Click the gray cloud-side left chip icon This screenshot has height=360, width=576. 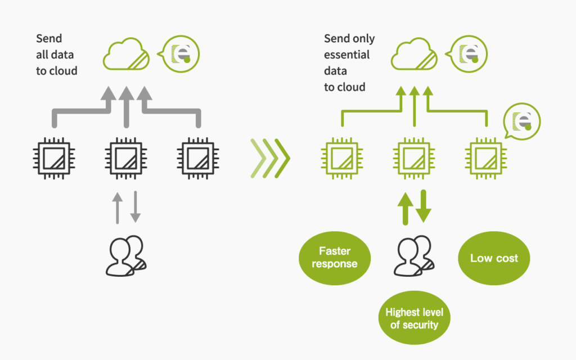(x=54, y=158)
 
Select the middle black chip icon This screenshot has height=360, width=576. (x=126, y=158)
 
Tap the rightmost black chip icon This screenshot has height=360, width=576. (x=198, y=158)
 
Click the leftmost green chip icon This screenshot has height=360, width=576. (x=342, y=158)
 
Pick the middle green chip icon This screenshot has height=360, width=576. (x=414, y=158)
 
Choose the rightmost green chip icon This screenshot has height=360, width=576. (x=486, y=158)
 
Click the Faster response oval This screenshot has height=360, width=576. (x=335, y=258)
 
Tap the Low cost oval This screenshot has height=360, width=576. (x=494, y=258)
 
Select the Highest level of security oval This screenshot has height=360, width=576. (x=415, y=318)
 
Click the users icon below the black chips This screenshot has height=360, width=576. (x=126, y=256)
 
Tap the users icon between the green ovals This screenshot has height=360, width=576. (x=414, y=256)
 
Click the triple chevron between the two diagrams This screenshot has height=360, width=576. (x=271, y=158)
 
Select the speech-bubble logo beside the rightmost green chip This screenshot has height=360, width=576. (x=521, y=121)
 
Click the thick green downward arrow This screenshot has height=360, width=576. (x=424, y=206)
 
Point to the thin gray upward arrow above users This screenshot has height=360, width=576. (x=117, y=208)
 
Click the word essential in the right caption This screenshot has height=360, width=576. (x=346, y=55)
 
